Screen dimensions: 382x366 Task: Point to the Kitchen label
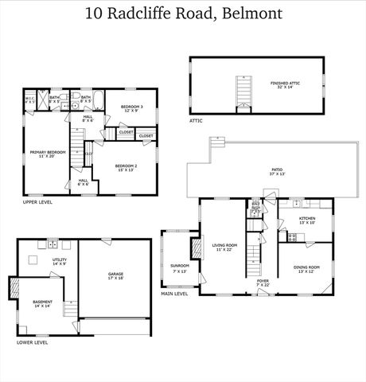click(x=307, y=219)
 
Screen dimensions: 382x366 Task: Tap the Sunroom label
click(x=179, y=267)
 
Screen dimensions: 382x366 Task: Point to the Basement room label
click(x=42, y=304)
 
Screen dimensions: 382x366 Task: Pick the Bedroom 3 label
click(x=131, y=107)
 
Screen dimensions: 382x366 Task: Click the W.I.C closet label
click(x=29, y=101)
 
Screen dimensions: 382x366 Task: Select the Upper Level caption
click(x=37, y=203)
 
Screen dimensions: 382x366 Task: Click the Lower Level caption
click(x=32, y=342)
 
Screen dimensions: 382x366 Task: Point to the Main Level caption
click(x=174, y=294)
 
